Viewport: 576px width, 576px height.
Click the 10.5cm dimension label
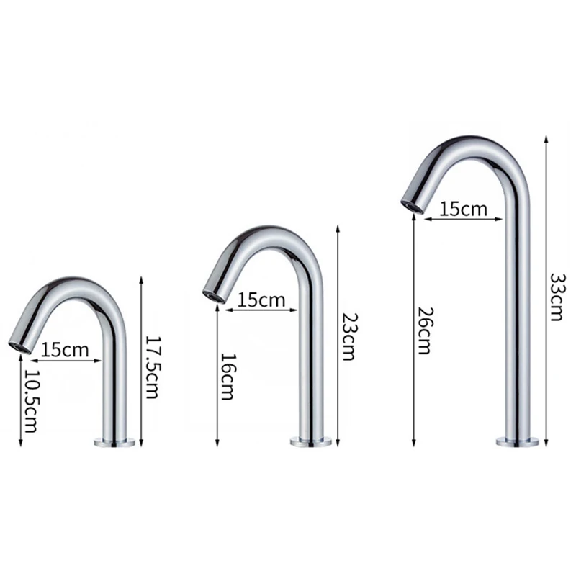(x=31, y=401)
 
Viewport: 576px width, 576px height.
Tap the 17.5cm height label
(x=152, y=367)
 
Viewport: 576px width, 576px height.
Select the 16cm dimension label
(x=228, y=377)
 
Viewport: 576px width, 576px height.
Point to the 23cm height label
(x=348, y=336)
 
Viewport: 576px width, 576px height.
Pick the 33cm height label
(x=556, y=297)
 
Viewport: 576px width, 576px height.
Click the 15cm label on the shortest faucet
(x=65, y=350)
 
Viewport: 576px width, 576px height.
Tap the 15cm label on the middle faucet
(x=261, y=300)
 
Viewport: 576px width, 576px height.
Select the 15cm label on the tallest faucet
(x=464, y=209)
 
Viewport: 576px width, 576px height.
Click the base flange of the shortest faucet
(x=114, y=442)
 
